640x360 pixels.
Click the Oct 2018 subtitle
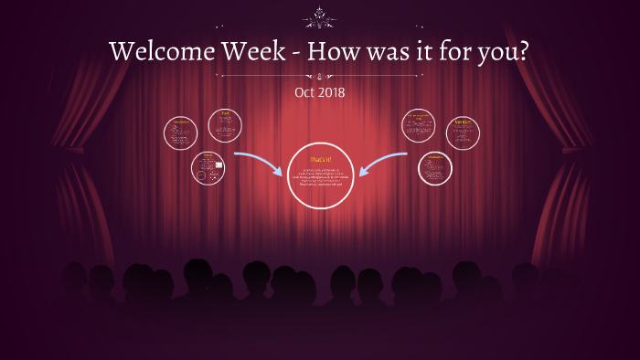pyautogui.click(x=320, y=93)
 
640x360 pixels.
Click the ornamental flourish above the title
pyautogui.click(x=320, y=15)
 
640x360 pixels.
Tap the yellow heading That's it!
pyautogui.click(x=320, y=160)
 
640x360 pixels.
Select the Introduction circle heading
pyautogui.click(x=180, y=122)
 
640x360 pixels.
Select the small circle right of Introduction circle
pyautogui.click(x=224, y=125)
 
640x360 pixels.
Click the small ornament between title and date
pyautogui.click(x=320, y=76)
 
